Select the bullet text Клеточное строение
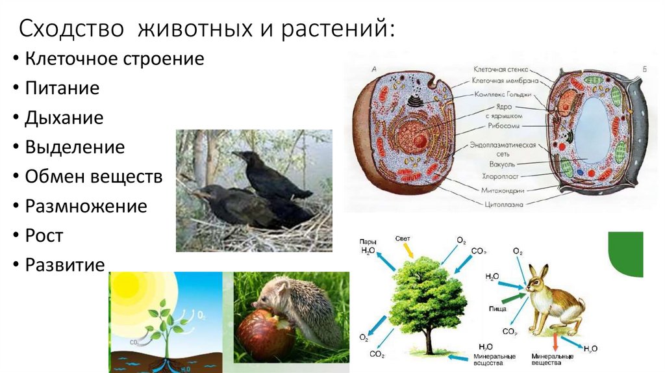tap(114, 59)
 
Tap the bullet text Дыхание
tap(64, 118)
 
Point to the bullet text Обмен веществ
tap(94, 177)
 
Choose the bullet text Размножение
tap(86, 207)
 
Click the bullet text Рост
tap(44, 236)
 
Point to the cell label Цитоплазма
tap(503, 203)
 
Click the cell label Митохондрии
tap(502, 190)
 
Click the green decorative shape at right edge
tap(625, 254)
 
